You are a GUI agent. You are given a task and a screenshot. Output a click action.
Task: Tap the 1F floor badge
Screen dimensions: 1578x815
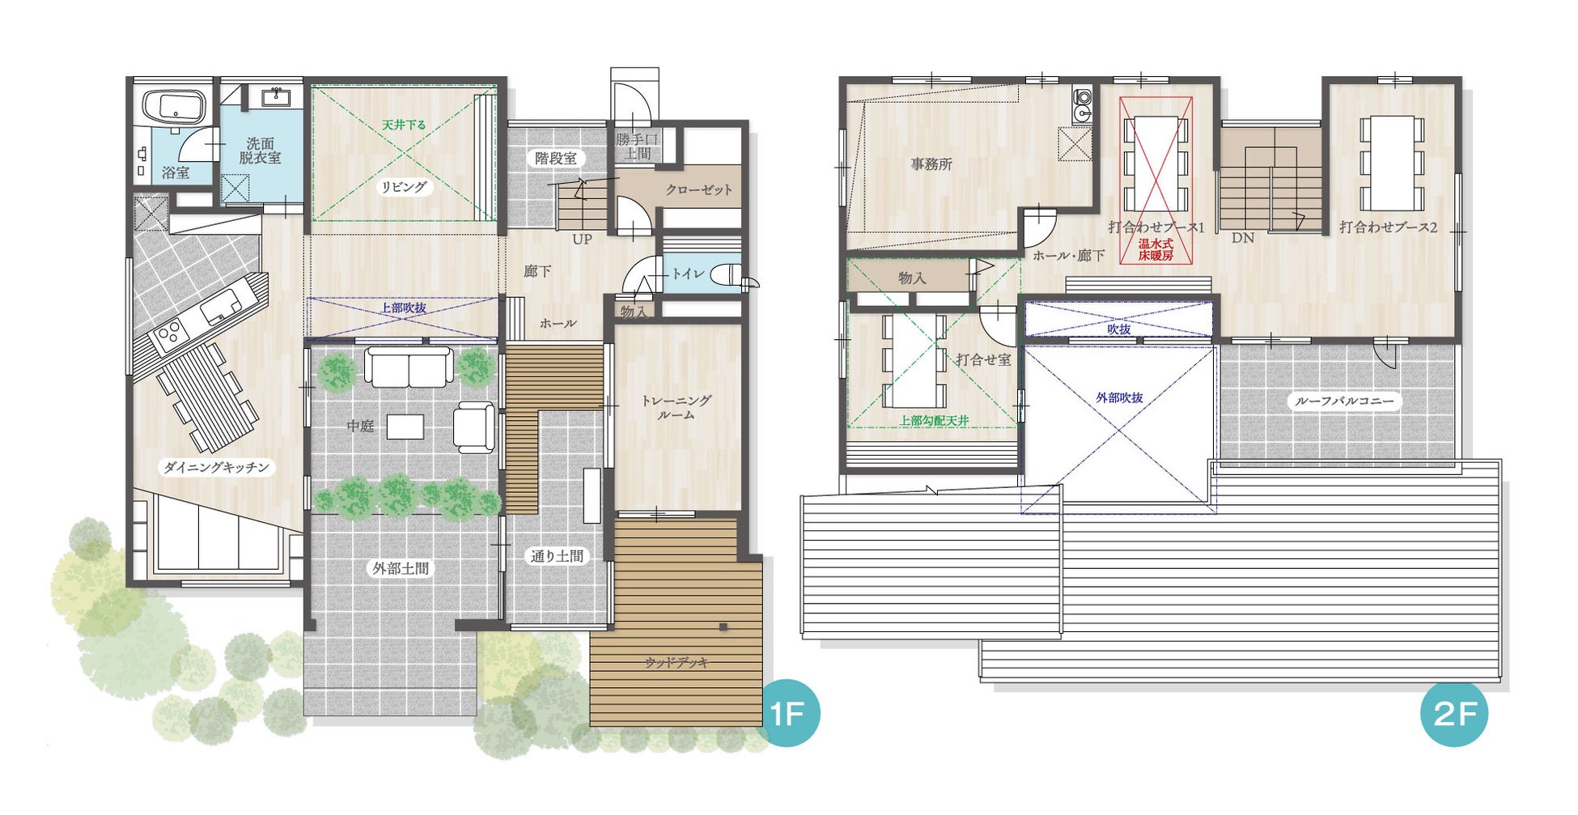(787, 715)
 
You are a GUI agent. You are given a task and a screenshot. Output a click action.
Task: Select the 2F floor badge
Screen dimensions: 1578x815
(1454, 714)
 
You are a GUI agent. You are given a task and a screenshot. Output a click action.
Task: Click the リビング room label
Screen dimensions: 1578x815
(404, 187)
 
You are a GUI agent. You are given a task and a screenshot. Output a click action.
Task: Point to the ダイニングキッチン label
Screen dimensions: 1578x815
(215, 467)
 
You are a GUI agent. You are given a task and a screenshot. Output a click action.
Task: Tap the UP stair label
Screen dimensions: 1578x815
(582, 240)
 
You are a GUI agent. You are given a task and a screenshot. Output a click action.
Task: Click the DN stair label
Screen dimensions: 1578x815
(1243, 239)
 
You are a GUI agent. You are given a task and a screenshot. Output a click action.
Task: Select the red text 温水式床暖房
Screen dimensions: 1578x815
(1156, 249)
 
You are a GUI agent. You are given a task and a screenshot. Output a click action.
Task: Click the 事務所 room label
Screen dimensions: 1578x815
(931, 164)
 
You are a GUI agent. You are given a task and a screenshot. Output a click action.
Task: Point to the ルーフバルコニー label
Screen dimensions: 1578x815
(1344, 401)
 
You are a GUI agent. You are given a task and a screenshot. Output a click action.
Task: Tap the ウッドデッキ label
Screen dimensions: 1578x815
(677, 663)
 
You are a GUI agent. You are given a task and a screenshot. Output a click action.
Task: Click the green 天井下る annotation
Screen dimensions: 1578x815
(404, 125)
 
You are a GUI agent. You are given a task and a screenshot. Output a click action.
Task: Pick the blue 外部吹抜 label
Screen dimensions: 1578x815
(1119, 398)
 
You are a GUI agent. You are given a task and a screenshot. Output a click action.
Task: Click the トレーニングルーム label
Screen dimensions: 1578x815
(677, 407)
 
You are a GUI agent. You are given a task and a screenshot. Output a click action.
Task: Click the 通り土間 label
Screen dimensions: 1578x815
(557, 556)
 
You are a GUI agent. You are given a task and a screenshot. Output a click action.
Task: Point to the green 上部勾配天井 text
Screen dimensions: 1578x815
(935, 421)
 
